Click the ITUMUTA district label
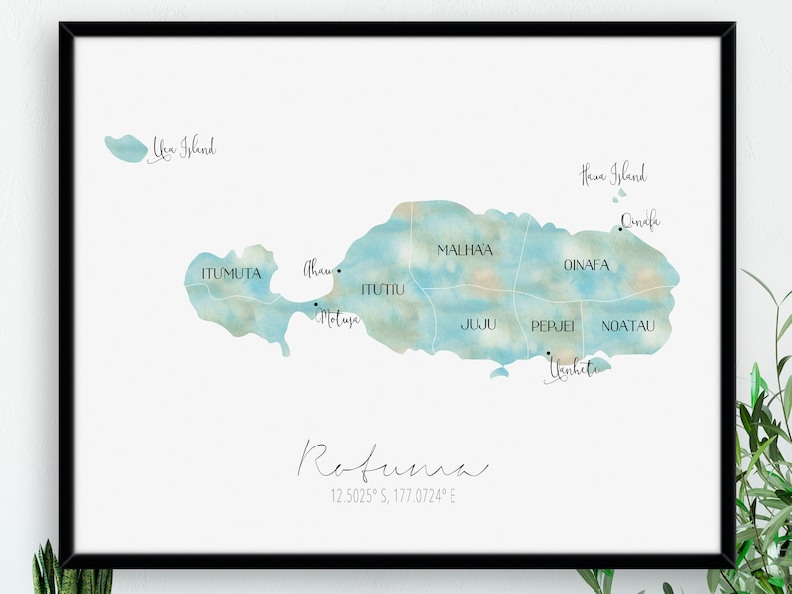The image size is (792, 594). [x=231, y=273]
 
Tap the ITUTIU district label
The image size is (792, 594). [x=383, y=289]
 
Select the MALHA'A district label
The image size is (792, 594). [x=465, y=250]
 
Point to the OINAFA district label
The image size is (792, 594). [x=586, y=265]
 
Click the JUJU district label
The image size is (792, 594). [x=478, y=325]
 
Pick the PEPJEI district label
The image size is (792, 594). [x=552, y=326]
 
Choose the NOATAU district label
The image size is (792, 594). [x=629, y=325]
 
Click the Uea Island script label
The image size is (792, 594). [x=183, y=149]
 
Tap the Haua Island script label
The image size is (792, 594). [x=612, y=175]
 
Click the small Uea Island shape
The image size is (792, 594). [x=125, y=148]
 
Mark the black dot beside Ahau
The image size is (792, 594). [x=339, y=270]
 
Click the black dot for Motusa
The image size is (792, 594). [x=316, y=305]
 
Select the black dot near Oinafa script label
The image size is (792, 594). [x=620, y=229]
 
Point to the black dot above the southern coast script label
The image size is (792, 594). [x=548, y=353]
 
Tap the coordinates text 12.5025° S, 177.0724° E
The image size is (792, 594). [x=394, y=494]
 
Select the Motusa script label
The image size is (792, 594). [x=337, y=319]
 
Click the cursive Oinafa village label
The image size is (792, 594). [x=640, y=221]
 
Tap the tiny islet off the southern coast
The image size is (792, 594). [x=499, y=373]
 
